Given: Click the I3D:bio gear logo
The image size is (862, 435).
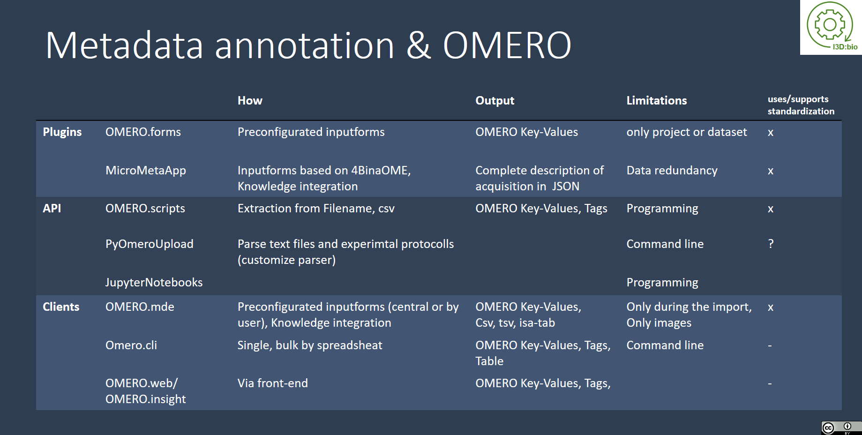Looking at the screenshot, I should click(830, 26).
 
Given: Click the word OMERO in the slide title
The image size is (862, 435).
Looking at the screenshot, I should click(507, 45).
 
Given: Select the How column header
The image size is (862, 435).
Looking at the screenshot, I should click(250, 101).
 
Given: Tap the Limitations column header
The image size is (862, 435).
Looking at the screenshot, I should click(656, 101).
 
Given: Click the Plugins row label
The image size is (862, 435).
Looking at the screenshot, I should click(62, 132).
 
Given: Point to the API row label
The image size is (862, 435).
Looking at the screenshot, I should click(52, 209).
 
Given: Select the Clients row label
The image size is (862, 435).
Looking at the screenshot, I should click(61, 307).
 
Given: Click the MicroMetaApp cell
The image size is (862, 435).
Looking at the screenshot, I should click(146, 171).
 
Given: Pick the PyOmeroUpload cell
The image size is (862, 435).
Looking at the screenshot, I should click(149, 244).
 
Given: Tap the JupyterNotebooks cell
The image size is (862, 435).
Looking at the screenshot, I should click(154, 283).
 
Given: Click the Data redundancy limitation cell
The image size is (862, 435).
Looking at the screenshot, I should click(672, 171).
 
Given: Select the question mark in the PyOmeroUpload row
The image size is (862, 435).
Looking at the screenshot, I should click(771, 244).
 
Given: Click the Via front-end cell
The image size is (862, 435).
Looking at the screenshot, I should click(272, 383).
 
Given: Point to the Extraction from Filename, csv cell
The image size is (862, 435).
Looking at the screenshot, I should click(316, 209).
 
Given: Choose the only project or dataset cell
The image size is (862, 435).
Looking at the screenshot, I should click(686, 132).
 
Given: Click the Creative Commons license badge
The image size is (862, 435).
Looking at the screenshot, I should click(841, 427).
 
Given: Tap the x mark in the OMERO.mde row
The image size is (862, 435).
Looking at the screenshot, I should click(770, 307).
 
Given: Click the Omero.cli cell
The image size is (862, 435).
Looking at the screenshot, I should click(131, 345).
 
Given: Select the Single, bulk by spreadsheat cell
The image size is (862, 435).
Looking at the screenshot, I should click(310, 345).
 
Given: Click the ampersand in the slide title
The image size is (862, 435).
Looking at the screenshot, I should click(418, 45).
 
